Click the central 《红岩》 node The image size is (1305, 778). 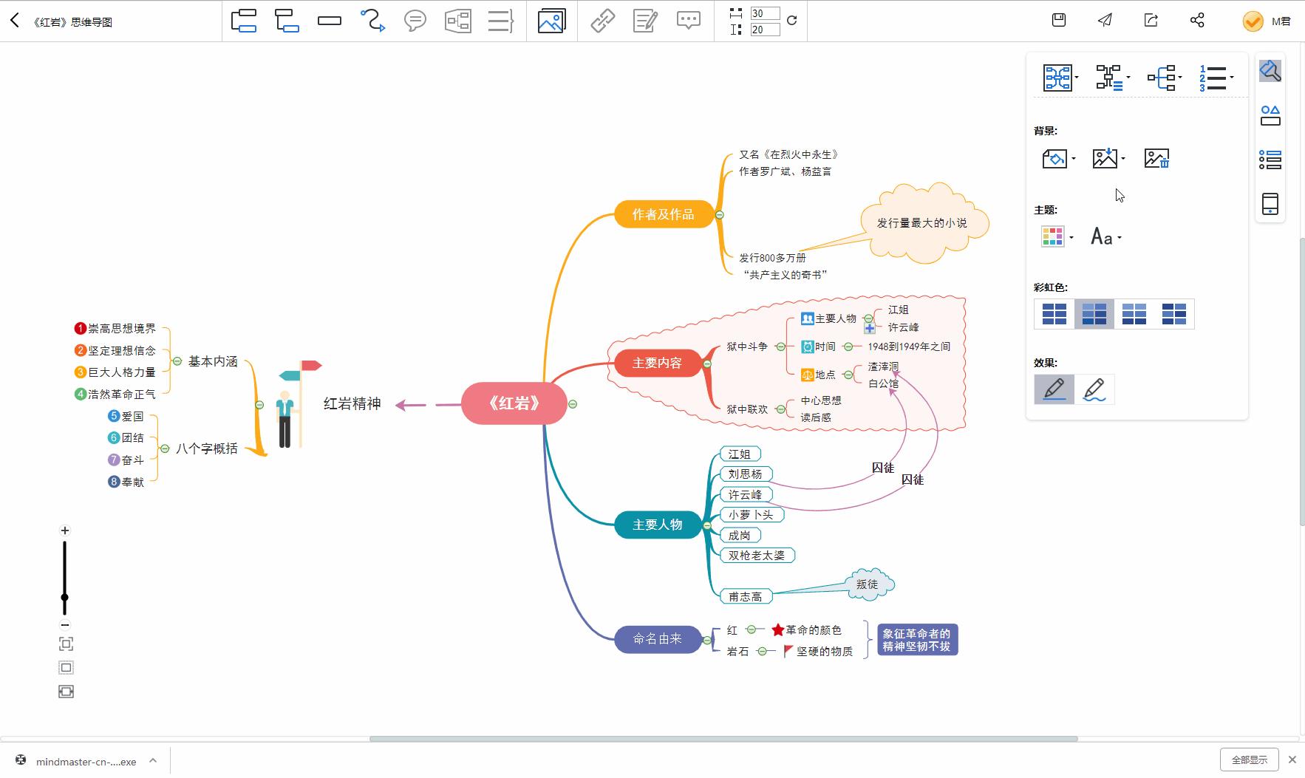[514, 403]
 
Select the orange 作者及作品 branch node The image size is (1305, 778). [663, 214]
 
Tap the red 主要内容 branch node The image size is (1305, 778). [657, 363]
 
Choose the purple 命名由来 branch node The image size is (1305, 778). [657, 638]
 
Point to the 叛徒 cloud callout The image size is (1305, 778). [868, 584]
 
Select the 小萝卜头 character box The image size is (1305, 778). [751, 515]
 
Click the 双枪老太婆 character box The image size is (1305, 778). [757, 556]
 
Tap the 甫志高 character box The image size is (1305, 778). [745, 596]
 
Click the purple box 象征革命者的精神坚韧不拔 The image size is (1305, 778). [917, 640]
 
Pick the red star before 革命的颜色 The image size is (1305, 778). [778, 630]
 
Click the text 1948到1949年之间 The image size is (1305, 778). [909, 347]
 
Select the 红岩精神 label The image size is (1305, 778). [352, 403]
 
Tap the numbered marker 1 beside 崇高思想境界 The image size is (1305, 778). [81, 328]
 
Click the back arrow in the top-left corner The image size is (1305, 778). [15, 21]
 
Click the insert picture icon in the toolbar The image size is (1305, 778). [551, 21]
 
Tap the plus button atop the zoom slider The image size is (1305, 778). [65, 530]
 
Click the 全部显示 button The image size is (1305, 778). [1249, 760]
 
